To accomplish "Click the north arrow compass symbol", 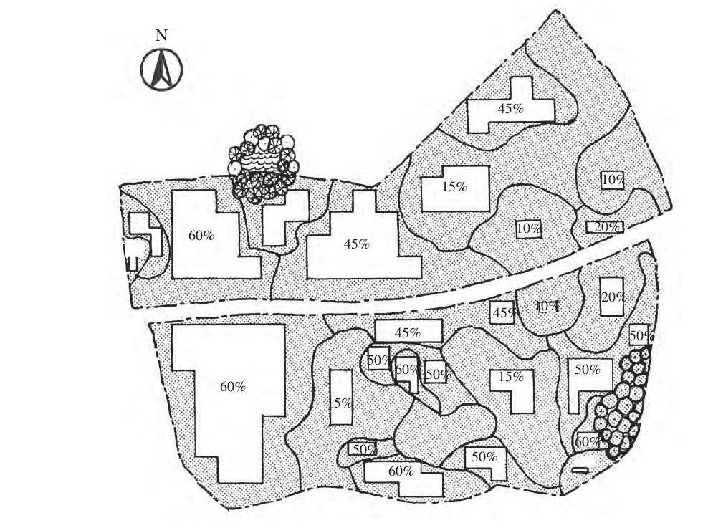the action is click(161, 69).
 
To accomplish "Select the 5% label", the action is click(343, 403).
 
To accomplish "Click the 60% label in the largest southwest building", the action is click(232, 387).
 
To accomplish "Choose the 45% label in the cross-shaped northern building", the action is click(511, 109).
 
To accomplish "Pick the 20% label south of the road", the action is click(612, 297).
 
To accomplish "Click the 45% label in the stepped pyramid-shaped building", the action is click(356, 244).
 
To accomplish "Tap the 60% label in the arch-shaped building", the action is click(406, 370).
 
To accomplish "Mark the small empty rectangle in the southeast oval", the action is click(579, 470).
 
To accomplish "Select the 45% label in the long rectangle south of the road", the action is click(406, 332).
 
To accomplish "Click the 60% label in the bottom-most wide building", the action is click(401, 471).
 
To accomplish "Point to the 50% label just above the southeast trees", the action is click(639, 335).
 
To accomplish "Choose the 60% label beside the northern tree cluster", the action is click(201, 234).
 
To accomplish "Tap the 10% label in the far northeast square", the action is click(611, 180).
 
